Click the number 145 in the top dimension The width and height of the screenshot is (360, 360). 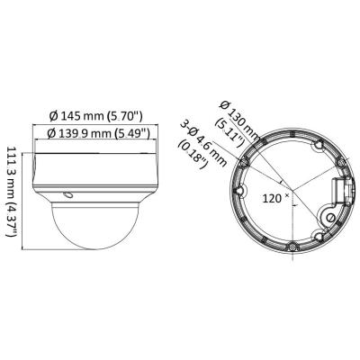[x=71, y=116]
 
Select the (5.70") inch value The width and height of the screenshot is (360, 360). [x=124, y=116]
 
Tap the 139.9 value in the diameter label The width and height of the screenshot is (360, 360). [x=73, y=133]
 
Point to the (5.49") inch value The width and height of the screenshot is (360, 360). [x=132, y=133]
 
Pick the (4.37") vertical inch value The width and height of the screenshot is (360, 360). [x=13, y=220]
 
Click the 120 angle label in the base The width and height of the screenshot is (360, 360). [x=272, y=198]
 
